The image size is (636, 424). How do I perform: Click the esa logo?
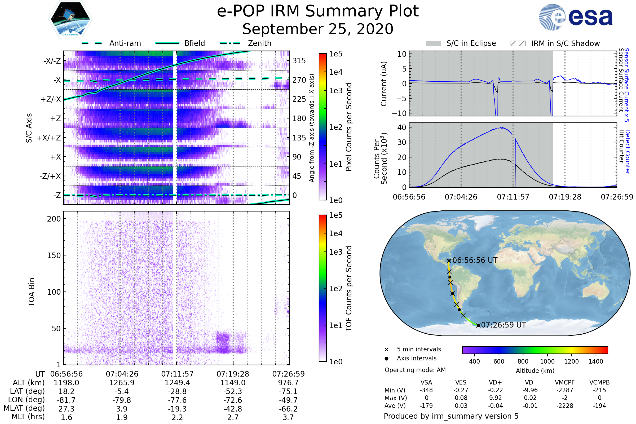click(x=576, y=17)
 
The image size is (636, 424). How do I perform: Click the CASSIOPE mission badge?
click(x=70, y=19)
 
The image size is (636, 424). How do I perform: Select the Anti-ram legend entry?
click(x=111, y=43)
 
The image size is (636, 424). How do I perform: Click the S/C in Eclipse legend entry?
click(x=461, y=43)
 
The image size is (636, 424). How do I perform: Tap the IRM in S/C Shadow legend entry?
click(x=555, y=43)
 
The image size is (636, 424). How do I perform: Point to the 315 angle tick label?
click(x=299, y=61)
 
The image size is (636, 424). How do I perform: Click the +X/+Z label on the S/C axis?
click(x=49, y=138)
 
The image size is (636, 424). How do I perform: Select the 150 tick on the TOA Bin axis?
click(x=54, y=255)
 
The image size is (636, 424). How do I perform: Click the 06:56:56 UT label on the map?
click(x=475, y=260)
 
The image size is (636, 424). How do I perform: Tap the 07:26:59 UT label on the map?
click(x=503, y=325)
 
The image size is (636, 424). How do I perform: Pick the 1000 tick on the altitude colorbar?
click(x=547, y=361)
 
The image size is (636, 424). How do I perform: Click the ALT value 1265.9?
click(x=122, y=383)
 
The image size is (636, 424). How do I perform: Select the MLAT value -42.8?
click(x=233, y=409)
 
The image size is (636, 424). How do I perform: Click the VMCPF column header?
click(x=565, y=383)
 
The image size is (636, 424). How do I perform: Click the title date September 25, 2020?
click(x=318, y=29)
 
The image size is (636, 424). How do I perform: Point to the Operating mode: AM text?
click(x=415, y=370)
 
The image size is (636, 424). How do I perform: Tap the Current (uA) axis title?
click(x=384, y=84)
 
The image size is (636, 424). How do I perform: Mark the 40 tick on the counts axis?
click(x=402, y=127)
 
